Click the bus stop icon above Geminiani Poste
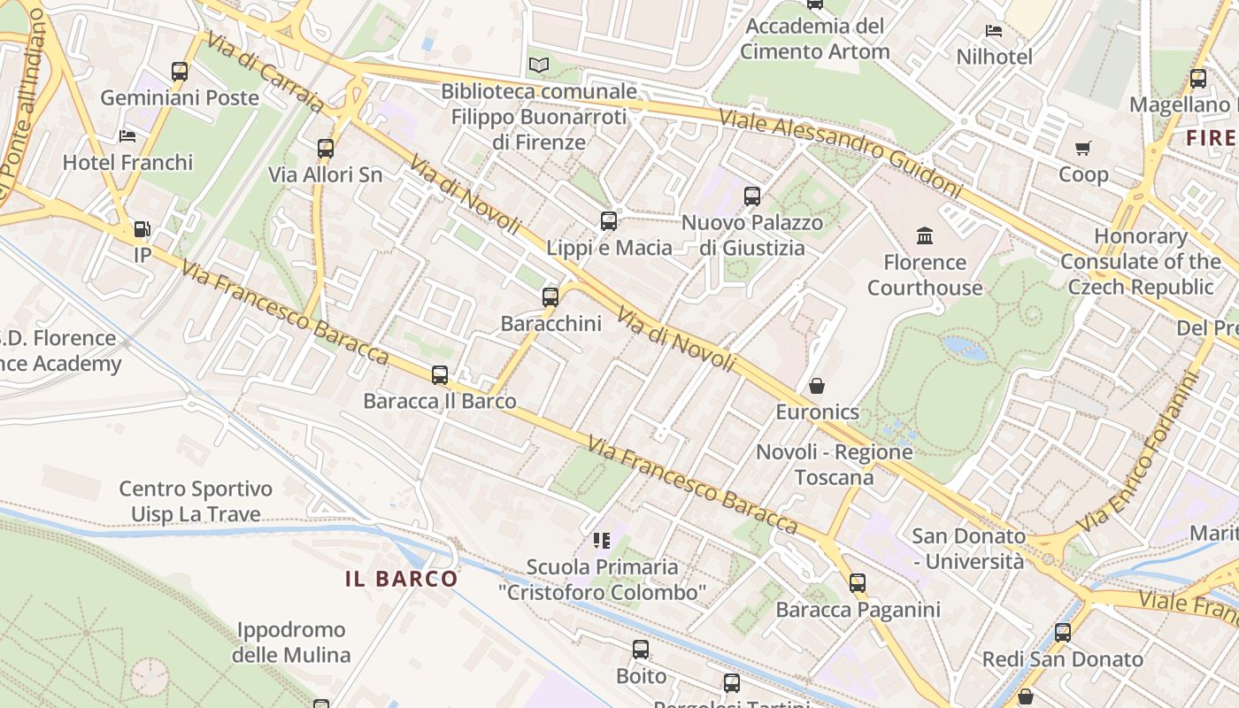[180, 72]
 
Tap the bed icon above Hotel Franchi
[127, 136]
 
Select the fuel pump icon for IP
[142, 230]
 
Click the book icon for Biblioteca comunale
[538, 65]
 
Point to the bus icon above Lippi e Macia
[609, 221]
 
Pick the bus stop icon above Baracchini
[550, 297]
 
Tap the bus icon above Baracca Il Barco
[440, 375]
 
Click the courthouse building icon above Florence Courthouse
[925, 235]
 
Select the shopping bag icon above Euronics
[817, 386]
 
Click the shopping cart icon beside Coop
[1083, 148]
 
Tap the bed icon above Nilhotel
[994, 31]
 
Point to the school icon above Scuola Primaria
[603, 540]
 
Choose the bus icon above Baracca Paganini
[857, 583]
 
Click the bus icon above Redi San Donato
[1063, 633]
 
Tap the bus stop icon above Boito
[641, 650]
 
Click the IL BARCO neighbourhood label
[402, 580]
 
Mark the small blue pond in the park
[965, 348]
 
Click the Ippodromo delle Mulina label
[291, 643]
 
